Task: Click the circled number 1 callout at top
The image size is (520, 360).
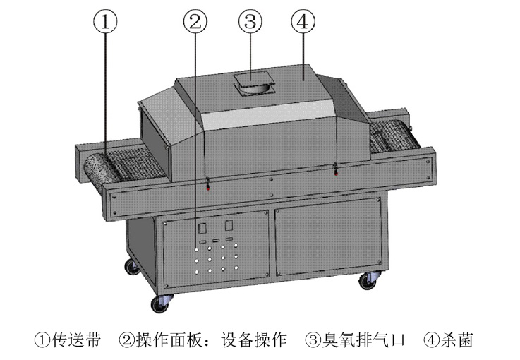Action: [105, 22]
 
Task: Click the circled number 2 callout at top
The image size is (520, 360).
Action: [195, 22]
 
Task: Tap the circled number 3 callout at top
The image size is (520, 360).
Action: [250, 22]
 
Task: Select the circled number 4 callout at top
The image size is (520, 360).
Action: [303, 22]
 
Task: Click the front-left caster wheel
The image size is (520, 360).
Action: [161, 304]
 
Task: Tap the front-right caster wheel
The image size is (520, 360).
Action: [369, 281]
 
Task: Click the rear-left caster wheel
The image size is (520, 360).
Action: [133, 267]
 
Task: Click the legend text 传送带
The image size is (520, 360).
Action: [76, 340]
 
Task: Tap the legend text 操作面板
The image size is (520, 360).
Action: [169, 340]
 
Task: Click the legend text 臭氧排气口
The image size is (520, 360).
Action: [364, 340]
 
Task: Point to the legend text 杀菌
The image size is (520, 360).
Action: [456, 340]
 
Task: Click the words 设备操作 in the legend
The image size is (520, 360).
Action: [254, 340]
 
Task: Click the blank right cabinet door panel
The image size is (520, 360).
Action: [328, 237]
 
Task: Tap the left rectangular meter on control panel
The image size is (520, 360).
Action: [202, 228]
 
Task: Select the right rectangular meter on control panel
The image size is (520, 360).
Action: [229, 225]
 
